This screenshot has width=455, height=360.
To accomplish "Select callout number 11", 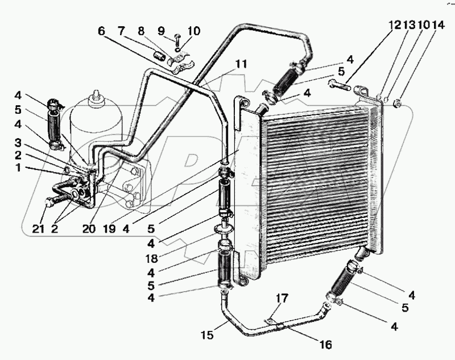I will pos(242,64).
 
